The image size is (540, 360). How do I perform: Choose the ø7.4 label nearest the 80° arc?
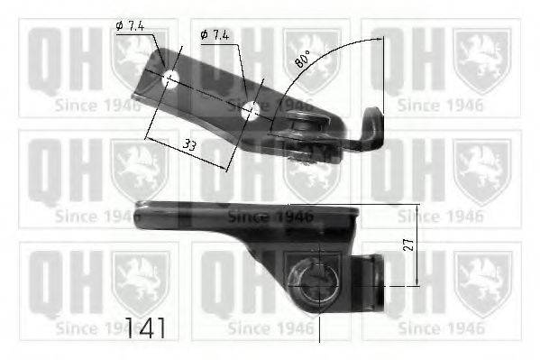coord(215,34)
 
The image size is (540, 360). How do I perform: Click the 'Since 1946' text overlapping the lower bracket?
coord(270,217)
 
